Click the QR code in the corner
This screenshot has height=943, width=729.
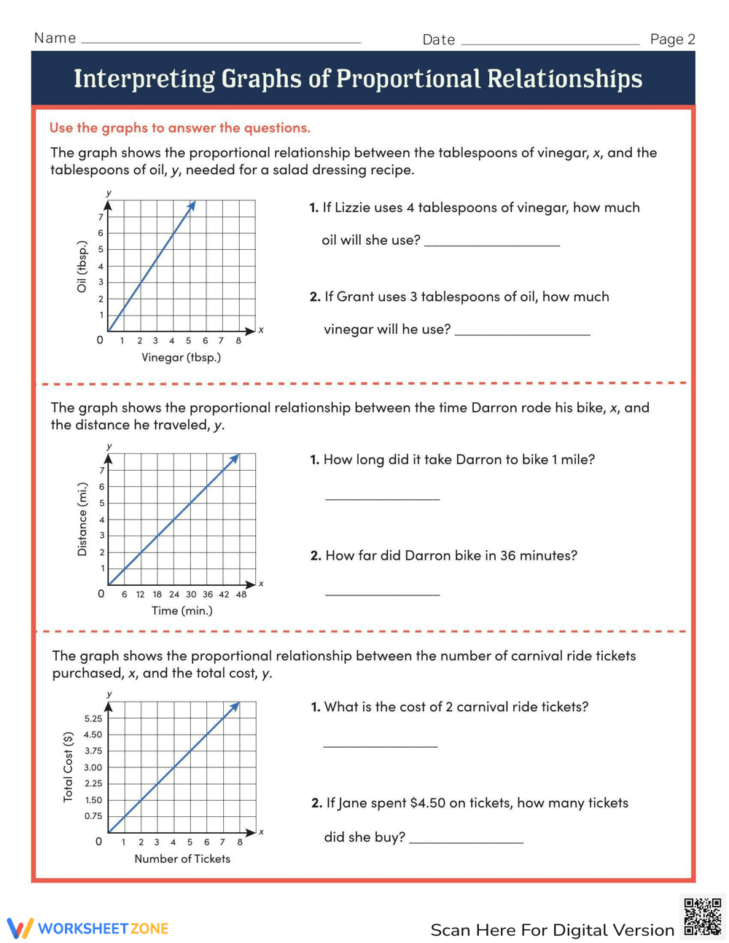point(702,917)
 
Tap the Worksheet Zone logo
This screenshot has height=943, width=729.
point(88,928)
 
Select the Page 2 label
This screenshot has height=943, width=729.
point(672,39)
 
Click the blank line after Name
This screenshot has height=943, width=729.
point(221,42)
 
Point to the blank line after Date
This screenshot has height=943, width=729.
point(550,43)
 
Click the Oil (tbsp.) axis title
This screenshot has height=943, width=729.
point(82,267)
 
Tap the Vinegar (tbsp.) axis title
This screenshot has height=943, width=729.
point(181,357)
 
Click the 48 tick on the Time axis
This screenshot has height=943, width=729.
point(241,594)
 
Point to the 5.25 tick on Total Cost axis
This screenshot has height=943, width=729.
point(93,719)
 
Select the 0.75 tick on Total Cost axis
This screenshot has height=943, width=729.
point(93,816)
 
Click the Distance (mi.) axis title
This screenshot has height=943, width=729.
point(82,520)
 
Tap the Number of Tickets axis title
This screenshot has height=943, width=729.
point(182,858)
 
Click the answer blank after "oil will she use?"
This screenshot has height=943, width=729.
point(492,244)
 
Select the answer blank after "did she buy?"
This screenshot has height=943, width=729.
point(467,841)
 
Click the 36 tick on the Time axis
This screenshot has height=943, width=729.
point(208,594)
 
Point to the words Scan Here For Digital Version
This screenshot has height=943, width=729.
point(552,930)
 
